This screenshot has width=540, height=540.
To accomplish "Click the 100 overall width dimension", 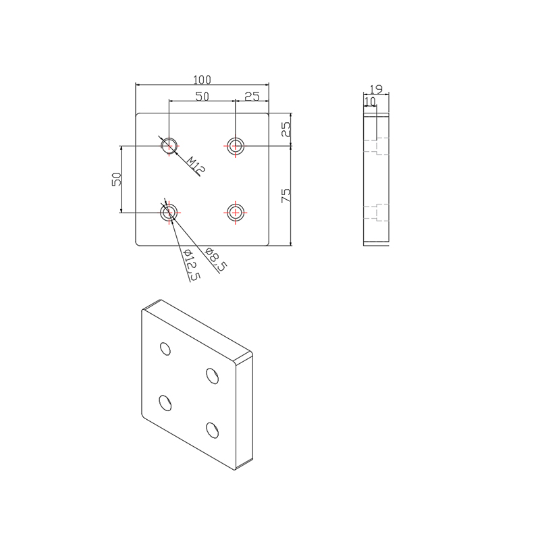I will tap(202, 78).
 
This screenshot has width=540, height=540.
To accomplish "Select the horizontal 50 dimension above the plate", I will tap(201, 96).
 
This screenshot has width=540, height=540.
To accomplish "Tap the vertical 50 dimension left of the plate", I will tap(116, 179).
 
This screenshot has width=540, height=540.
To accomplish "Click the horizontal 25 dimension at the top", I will tap(252, 96).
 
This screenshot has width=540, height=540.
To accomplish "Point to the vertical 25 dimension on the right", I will tap(286, 129).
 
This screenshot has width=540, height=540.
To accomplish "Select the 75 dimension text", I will tap(286, 196).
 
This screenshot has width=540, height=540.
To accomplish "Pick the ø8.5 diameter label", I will tap(215, 261).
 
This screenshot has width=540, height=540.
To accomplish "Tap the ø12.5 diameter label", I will tap(192, 265).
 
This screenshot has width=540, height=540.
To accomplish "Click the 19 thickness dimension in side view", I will tap(377, 88).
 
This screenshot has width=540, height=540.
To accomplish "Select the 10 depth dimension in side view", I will tap(370, 101).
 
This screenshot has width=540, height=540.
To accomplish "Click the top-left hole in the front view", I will tap(169, 145).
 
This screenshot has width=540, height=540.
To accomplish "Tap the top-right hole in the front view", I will tap(235, 145).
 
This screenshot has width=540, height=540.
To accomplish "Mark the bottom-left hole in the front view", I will tap(169, 213).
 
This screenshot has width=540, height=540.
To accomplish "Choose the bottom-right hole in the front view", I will tap(235, 212).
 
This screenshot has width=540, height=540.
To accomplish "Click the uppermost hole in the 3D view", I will tap(165, 348).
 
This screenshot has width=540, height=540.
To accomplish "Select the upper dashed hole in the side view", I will tap(377, 146).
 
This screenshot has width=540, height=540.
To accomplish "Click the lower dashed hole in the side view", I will tap(377, 212).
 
